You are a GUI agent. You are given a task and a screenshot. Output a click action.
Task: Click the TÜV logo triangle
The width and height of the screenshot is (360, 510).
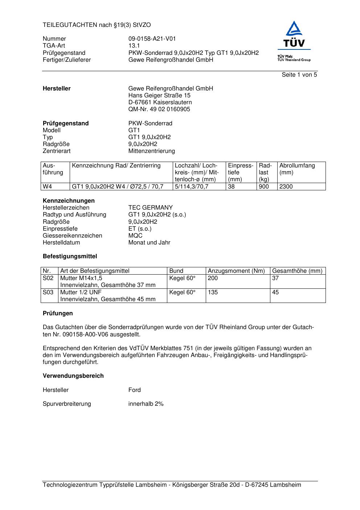click(x=294, y=29)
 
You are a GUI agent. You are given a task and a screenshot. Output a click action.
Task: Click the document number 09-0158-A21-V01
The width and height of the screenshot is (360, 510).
click(x=152, y=39)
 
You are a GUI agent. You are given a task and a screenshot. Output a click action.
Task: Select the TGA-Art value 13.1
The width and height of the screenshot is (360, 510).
click(x=134, y=46)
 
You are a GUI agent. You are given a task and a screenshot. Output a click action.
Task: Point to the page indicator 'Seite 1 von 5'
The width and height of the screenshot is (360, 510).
click(x=299, y=75)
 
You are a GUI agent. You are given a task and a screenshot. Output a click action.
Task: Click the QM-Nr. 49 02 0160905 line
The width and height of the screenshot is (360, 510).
click(x=159, y=109)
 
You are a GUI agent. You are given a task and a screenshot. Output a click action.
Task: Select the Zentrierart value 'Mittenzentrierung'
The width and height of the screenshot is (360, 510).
click(x=151, y=151)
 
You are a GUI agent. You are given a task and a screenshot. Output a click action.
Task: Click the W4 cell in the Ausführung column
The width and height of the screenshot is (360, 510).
click(x=48, y=187)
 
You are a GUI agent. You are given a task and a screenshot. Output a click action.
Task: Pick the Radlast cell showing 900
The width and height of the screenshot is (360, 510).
click(x=264, y=187)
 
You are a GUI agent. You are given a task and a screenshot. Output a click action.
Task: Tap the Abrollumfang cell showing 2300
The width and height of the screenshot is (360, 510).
click(x=286, y=187)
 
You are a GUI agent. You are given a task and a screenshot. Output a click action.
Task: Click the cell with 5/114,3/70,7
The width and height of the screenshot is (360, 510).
click(x=192, y=187)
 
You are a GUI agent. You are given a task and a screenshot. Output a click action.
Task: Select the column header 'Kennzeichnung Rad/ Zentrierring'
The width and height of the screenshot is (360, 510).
click(x=116, y=166)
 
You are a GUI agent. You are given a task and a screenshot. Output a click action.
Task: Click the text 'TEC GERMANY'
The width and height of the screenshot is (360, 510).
click(x=150, y=208)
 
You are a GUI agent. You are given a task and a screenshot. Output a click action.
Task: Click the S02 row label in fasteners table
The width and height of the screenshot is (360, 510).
click(x=48, y=278)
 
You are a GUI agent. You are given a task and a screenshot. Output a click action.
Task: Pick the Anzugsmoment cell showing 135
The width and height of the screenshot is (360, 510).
click(x=213, y=292)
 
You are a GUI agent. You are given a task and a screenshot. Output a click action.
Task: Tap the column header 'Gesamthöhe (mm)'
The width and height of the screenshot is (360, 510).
click(x=297, y=271)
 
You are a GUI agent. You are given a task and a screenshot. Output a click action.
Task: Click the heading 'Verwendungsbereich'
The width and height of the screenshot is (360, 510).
click(x=73, y=376)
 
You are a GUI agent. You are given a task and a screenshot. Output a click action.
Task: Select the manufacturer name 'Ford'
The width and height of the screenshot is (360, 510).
click(x=134, y=390)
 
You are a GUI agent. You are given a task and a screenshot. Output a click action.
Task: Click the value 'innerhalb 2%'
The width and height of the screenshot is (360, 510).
click(x=146, y=404)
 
